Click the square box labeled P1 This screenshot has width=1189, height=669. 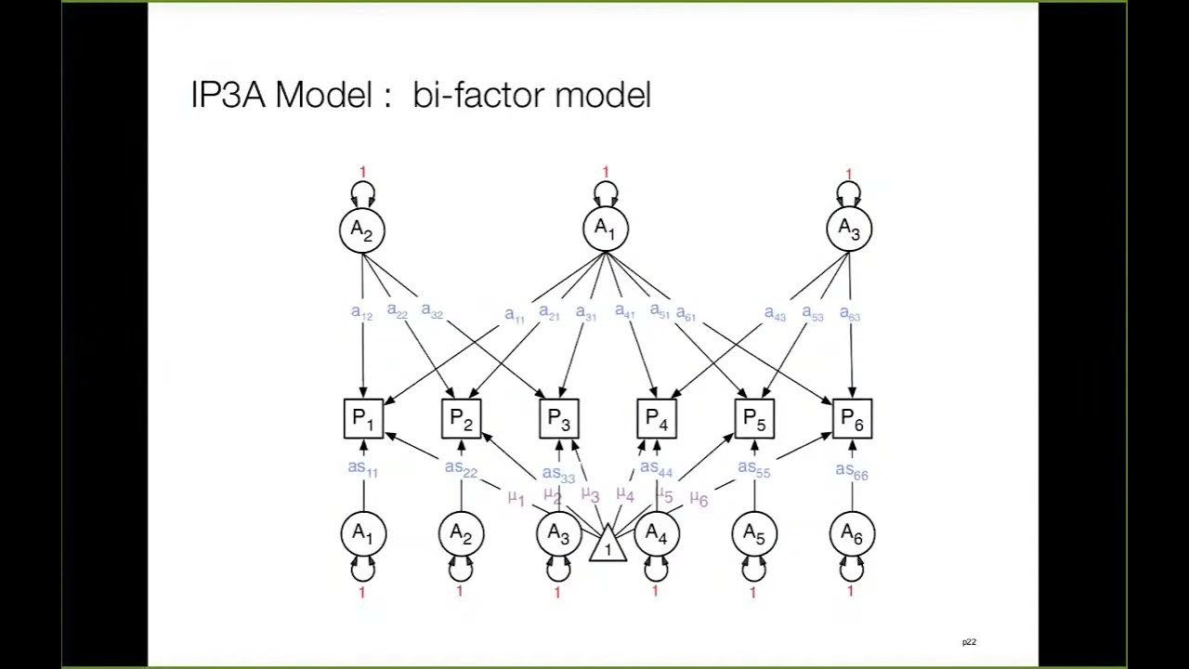click(363, 419)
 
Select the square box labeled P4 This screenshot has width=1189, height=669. click(657, 419)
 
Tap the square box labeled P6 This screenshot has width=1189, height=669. click(852, 419)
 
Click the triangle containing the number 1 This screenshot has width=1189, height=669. click(608, 544)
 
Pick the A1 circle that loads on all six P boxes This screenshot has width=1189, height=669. click(606, 229)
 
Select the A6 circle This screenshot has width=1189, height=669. click(852, 533)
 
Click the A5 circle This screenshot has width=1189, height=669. click(753, 533)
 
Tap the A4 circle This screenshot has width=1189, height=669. click(657, 533)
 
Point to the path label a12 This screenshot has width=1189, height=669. click(361, 313)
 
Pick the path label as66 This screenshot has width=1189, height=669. click(852, 471)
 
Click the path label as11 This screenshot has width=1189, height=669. click(362, 468)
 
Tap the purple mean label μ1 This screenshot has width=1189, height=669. click(516, 498)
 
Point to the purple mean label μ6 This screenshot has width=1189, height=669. click(699, 499)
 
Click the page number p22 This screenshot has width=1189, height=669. click(969, 642)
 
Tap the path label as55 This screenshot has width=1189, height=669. click(753, 469)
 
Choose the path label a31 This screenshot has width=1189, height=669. click(585, 313)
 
